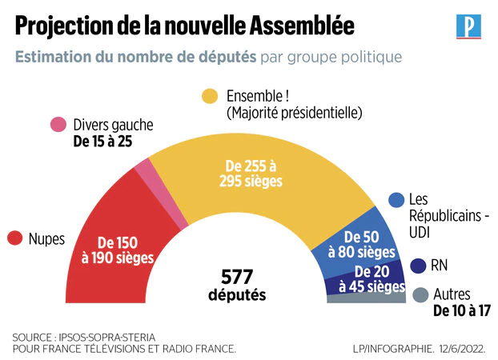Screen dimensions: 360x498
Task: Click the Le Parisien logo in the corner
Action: click(467, 26)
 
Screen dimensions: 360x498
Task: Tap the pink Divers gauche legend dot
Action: click(58, 125)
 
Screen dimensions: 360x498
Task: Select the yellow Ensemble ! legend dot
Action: click(210, 96)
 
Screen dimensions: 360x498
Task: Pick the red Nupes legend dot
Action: click(14, 238)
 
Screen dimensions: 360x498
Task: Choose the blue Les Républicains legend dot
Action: click(396, 199)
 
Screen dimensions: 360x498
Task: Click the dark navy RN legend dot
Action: click(417, 265)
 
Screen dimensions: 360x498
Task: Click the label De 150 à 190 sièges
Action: click(117, 249)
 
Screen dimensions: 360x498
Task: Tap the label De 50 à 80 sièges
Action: click(370, 245)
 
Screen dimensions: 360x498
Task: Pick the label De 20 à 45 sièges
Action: click(371, 279)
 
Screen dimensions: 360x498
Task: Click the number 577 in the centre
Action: click(237, 277)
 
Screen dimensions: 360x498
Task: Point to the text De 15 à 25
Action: click(102, 142)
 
